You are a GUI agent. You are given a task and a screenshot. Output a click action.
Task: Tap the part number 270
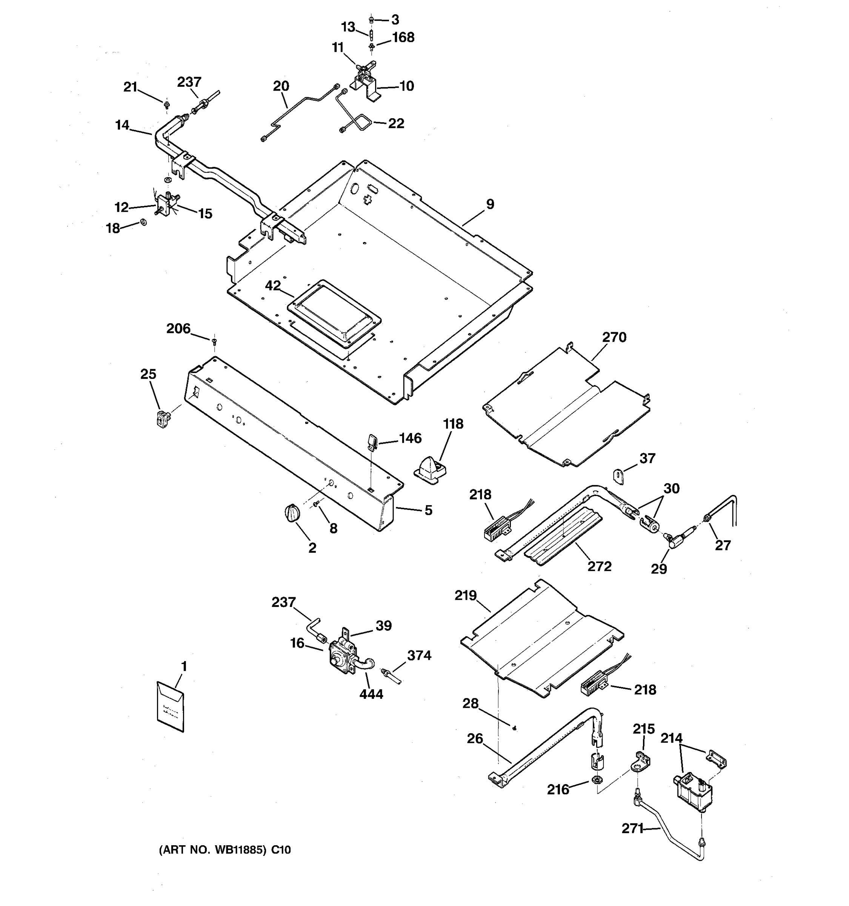pos(614,337)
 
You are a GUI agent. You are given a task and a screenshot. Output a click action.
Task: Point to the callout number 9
pos(490,204)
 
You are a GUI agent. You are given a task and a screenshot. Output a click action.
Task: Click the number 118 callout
pos(453,424)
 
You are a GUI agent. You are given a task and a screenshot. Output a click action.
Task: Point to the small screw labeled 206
pos(214,341)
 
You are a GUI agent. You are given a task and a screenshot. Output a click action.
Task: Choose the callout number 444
pos(371,694)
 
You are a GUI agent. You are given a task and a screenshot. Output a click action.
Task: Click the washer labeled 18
pos(144,222)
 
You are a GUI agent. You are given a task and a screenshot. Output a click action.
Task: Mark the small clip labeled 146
pos(372,441)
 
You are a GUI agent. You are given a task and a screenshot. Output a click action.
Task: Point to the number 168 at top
pos(403,37)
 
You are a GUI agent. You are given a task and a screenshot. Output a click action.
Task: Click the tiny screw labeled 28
pos(515,728)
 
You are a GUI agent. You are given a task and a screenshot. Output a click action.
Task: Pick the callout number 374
pos(419,655)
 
